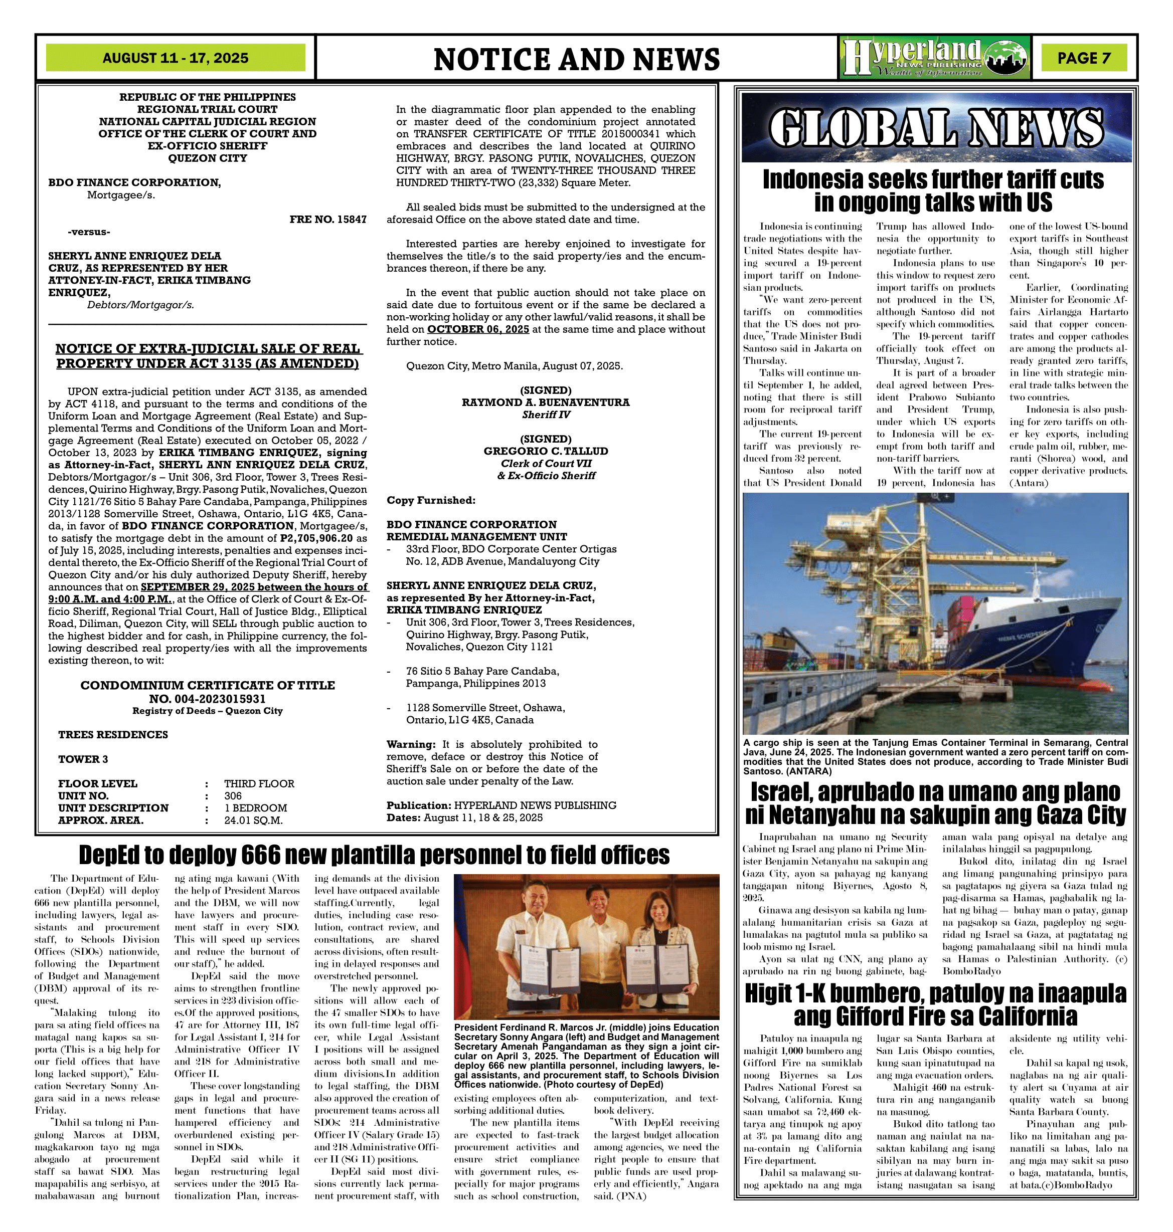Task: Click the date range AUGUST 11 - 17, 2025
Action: [175, 58]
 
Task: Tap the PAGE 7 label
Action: [1084, 58]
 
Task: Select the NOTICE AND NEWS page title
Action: [577, 59]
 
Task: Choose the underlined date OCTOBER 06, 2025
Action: [478, 329]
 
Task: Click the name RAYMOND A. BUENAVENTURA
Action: [545, 402]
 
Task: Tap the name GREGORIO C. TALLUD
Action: [545, 451]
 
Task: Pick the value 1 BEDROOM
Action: [255, 808]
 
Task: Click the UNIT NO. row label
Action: [83, 796]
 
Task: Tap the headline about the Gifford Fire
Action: [935, 1004]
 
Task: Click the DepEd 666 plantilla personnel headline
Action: [374, 855]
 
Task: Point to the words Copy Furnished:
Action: [431, 500]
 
